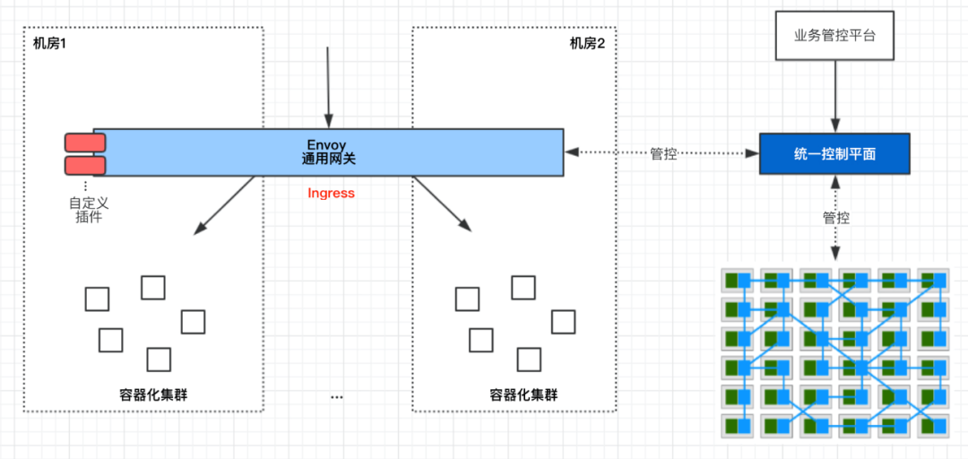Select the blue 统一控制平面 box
click(834, 154)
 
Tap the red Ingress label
click(332, 193)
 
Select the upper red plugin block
click(85, 143)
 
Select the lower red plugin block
click(85, 165)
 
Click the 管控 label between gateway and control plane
click(663, 154)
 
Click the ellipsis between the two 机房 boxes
click(337, 395)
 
